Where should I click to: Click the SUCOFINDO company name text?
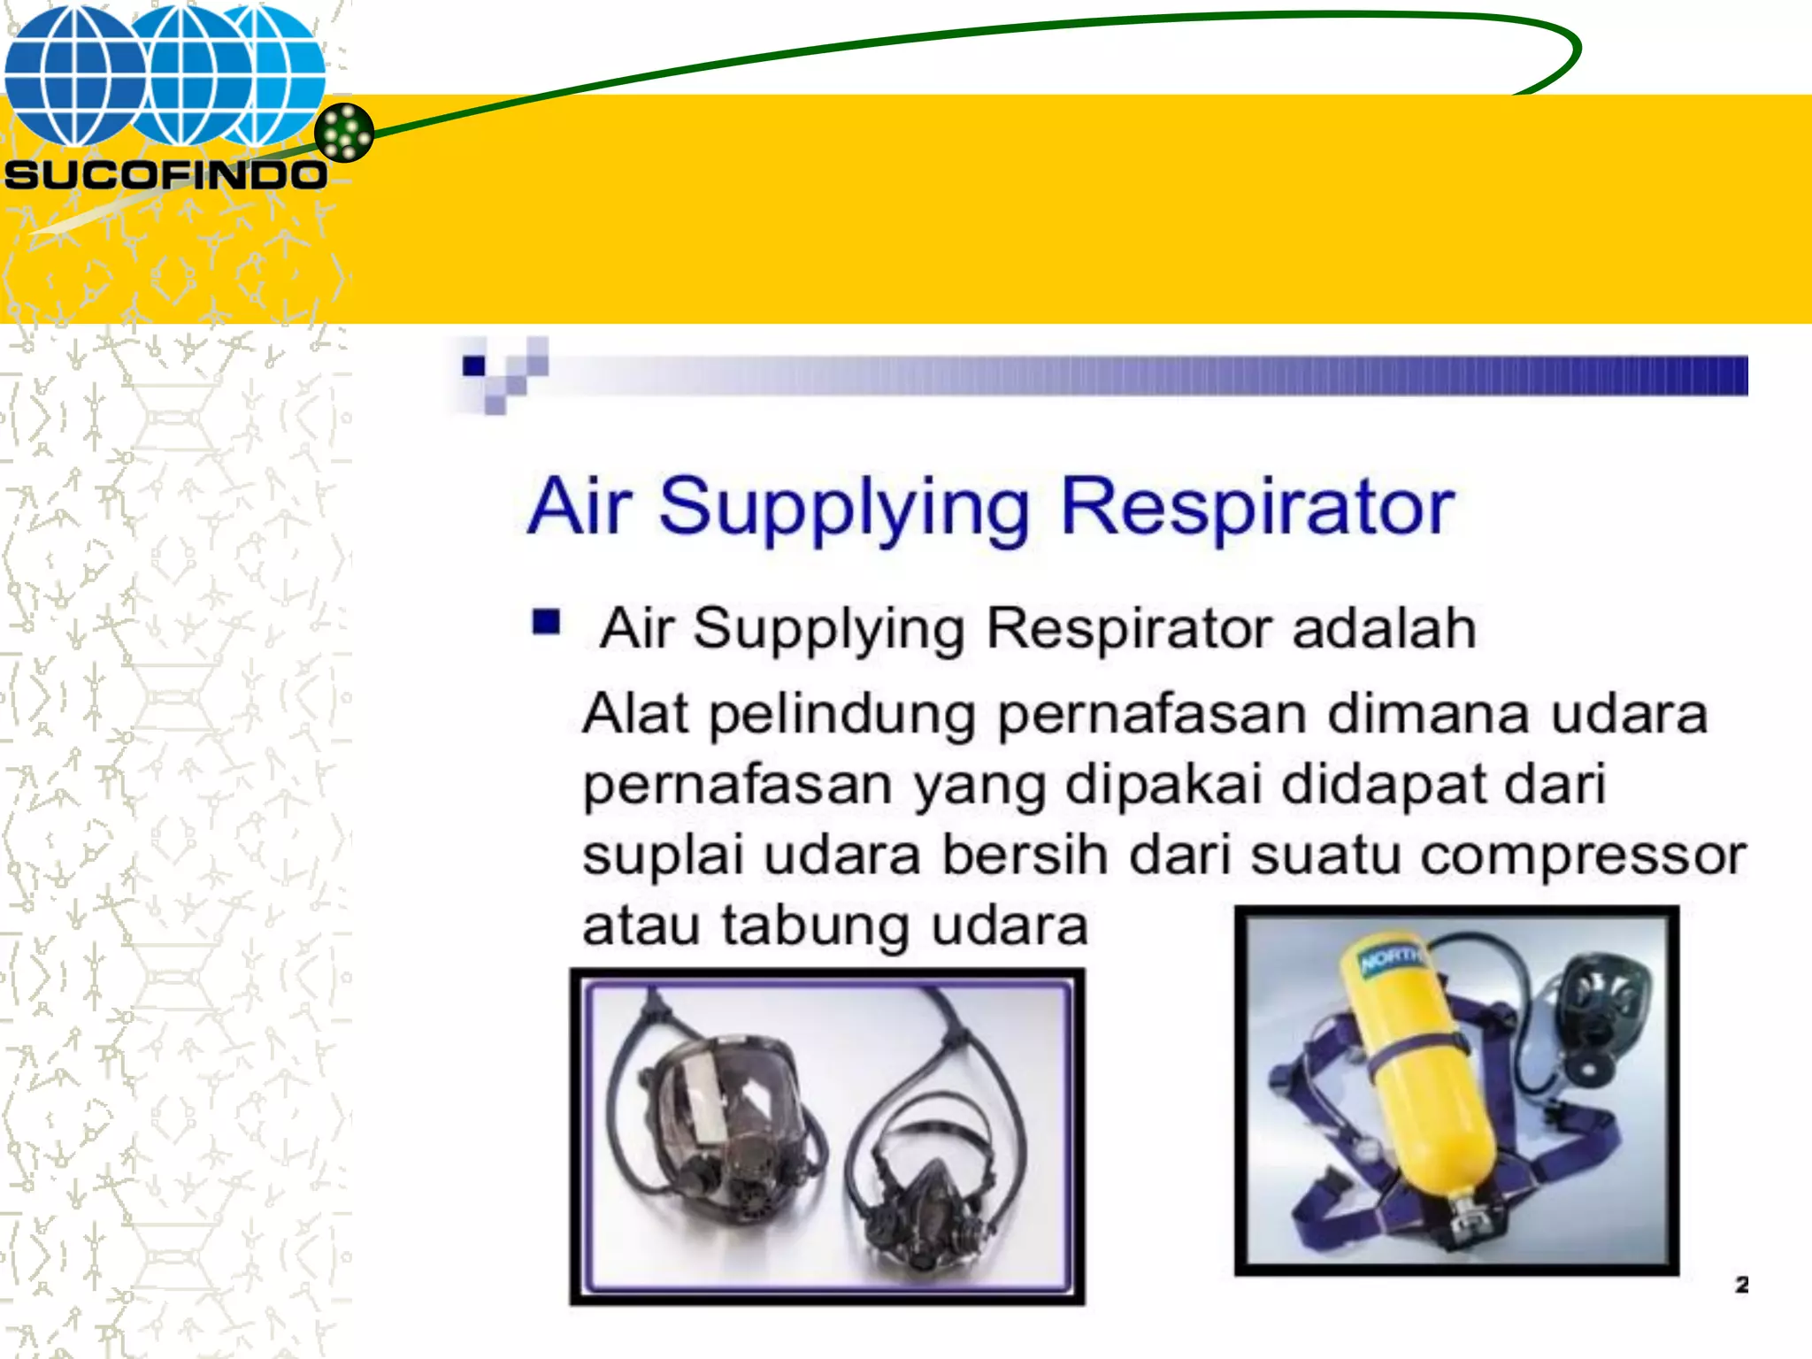165,174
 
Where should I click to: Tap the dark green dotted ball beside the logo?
344,133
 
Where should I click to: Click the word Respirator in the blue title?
1256,507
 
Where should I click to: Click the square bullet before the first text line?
546,622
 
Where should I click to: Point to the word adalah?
1384,629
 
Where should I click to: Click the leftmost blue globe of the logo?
75,75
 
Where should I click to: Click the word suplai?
662,856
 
